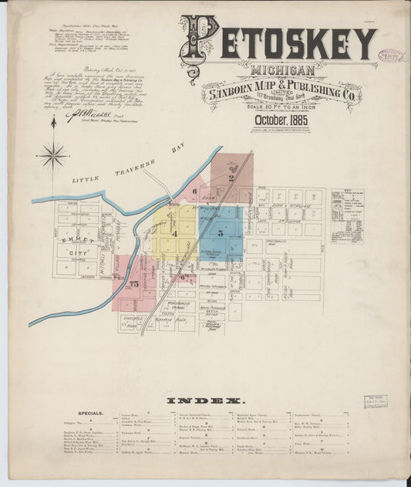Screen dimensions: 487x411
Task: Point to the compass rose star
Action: click(53, 155)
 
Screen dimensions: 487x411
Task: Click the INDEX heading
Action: click(206, 401)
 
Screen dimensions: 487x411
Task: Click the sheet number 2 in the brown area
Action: click(231, 178)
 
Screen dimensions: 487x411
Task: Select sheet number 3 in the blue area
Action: click(221, 232)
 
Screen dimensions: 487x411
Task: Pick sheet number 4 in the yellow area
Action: click(174, 232)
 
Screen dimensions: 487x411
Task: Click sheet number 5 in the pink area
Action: click(134, 285)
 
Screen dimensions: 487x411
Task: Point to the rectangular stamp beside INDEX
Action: click(375, 401)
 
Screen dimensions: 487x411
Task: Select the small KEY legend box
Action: click(346, 215)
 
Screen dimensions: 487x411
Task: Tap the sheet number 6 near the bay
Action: click(195, 191)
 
